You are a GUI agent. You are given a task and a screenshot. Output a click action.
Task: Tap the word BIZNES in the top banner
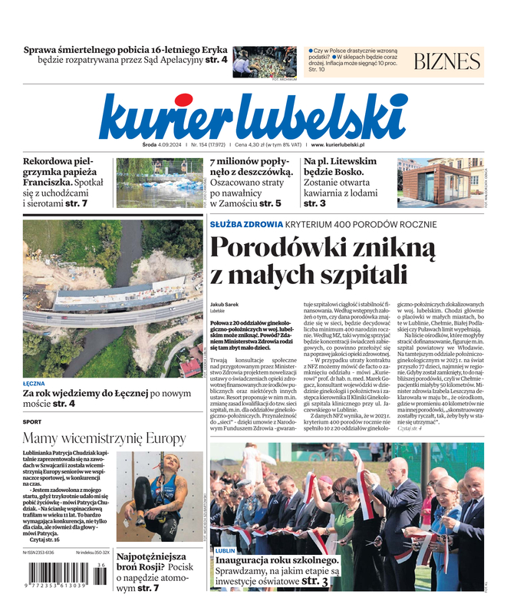[446, 61]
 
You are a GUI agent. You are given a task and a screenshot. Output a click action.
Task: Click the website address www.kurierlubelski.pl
[337, 144]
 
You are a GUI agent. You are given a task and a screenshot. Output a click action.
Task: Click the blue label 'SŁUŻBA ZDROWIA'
[246, 224]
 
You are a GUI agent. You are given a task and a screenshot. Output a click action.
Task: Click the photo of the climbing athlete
[160, 497]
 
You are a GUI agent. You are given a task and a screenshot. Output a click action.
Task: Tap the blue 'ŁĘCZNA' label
[35, 382]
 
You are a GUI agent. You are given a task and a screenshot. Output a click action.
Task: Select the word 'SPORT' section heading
[32, 421]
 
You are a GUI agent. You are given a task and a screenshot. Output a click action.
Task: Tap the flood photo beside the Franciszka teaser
[160, 183]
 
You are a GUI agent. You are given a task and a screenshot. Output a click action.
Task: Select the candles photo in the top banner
[265, 61]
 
